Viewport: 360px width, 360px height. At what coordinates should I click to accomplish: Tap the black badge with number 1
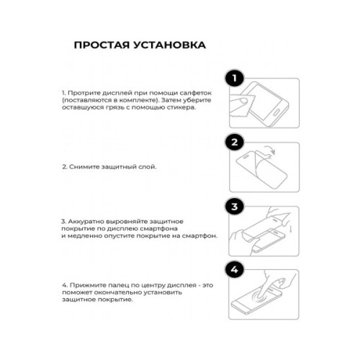(233, 78)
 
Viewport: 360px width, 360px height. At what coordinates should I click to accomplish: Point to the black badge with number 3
(233, 207)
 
